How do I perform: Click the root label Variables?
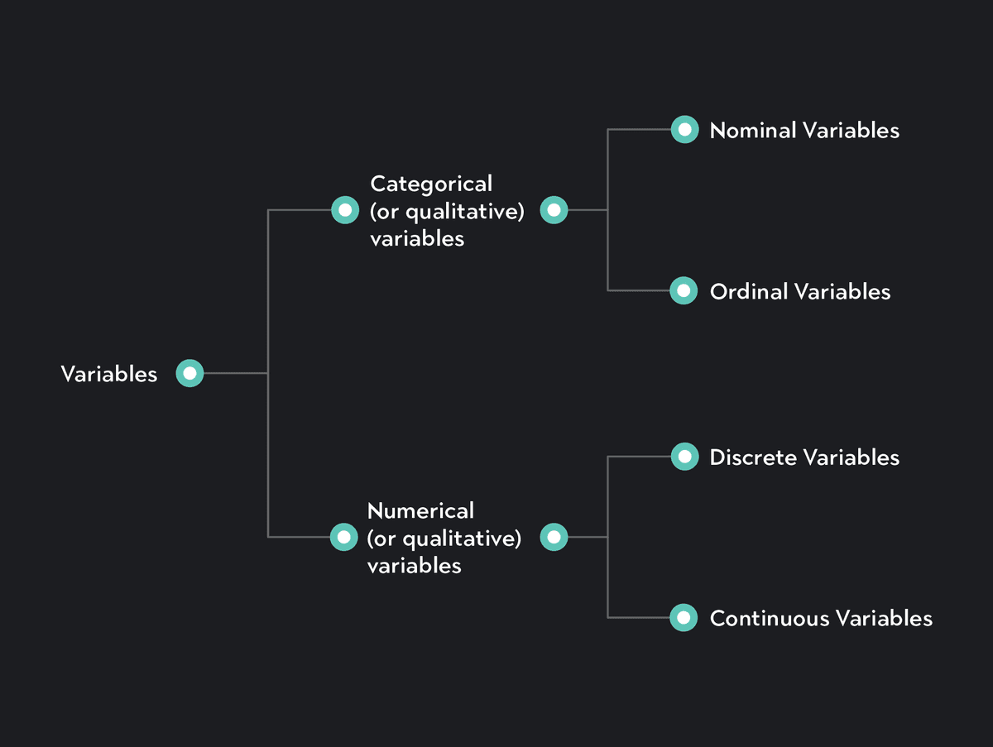pos(108,374)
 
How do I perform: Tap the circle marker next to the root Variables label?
pos(189,374)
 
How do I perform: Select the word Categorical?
pos(431,183)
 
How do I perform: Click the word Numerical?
pos(420,510)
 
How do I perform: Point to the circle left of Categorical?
pos(344,210)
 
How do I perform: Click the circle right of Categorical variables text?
pos(554,210)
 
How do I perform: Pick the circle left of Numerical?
pos(343,538)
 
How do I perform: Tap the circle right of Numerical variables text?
pos(554,538)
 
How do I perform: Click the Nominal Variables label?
pos(804,131)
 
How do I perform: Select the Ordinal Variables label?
pos(800,292)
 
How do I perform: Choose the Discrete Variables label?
pos(804,457)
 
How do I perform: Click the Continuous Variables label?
pos(821,619)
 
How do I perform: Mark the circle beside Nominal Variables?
pos(684,129)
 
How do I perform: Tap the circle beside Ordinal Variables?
pos(684,290)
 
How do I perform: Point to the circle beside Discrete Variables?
pos(684,456)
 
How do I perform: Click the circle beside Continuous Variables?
pos(684,617)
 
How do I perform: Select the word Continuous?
pos(770,619)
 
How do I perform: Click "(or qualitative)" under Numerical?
pos(444,539)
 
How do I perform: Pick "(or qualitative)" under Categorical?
pos(448,211)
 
